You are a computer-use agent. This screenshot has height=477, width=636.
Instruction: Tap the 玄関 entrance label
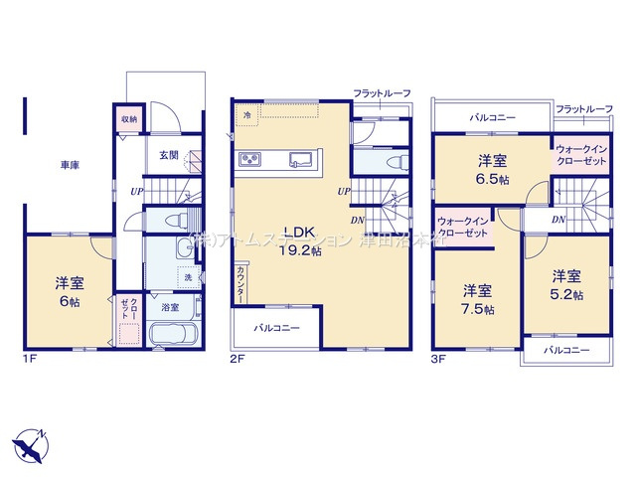pos(169,156)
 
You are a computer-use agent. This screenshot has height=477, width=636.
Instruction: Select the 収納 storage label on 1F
pos(129,118)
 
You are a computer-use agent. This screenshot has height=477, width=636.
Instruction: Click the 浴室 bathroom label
pos(170,308)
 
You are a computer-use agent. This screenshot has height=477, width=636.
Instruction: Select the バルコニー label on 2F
pos(272,326)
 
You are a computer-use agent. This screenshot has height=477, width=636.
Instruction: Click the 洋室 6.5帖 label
pos(491,169)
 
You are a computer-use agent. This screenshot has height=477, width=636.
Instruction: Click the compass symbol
pos(30,442)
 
